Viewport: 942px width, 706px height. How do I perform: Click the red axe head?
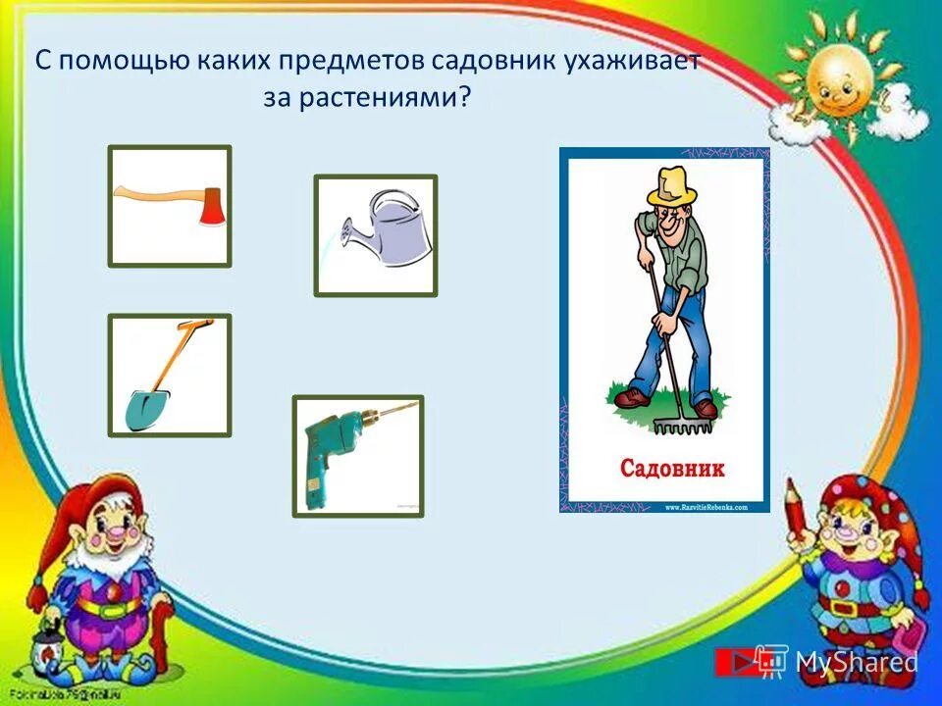tap(211, 207)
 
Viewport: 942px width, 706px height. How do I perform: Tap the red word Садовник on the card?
tap(673, 468)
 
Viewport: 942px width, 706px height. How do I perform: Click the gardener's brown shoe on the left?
tap(632, 397)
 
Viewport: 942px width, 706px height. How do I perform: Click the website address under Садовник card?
tap(706, 507)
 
